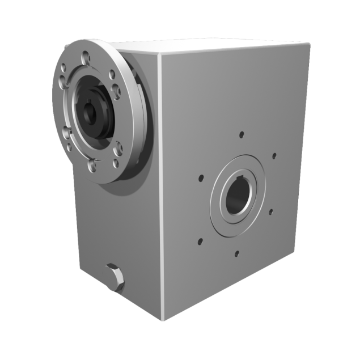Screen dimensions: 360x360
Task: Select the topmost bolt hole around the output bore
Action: click(242, 135)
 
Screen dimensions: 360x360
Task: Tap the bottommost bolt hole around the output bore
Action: click(237, 253)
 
